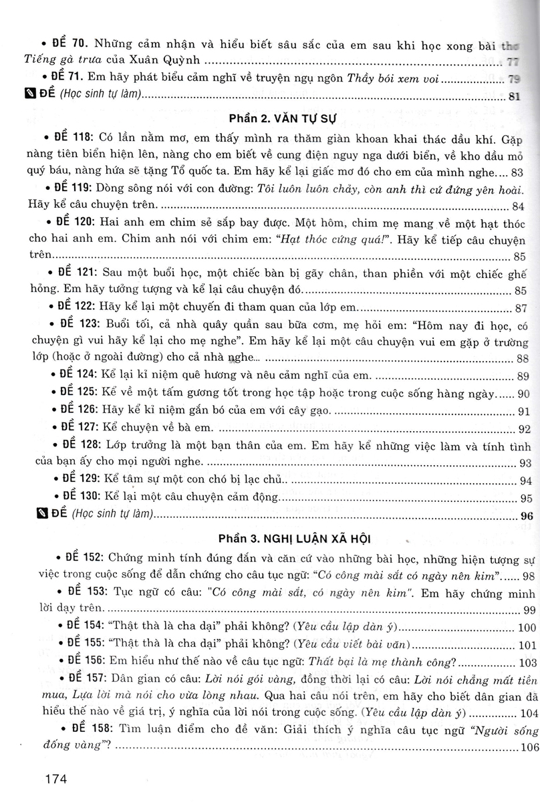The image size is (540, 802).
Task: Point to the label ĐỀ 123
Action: coord(75,324)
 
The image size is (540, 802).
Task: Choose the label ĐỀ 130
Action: coord(75,498)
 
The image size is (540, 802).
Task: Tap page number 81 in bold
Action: coord(514,96)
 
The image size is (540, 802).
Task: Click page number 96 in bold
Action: coord(525,515)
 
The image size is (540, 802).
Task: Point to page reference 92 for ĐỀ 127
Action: coord(523,428)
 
